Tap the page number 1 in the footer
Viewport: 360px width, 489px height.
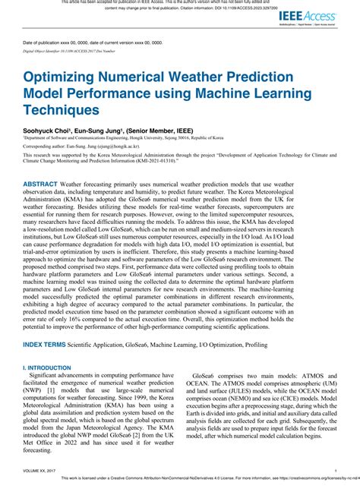tap(334, 471)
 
